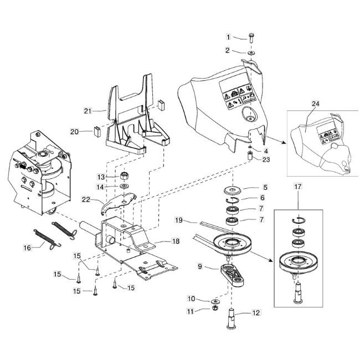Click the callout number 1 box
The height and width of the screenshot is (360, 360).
[228, 37]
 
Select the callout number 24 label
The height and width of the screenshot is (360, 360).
[316, 104]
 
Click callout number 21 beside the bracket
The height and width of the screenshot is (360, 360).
[87, 111]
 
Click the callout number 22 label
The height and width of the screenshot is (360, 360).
[86, 199]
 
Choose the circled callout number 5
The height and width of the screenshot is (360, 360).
[264, 187]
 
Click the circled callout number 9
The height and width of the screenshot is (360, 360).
[199, 266]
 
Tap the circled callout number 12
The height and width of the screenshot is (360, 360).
[255, 313]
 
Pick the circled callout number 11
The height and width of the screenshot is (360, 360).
[191, 312]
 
